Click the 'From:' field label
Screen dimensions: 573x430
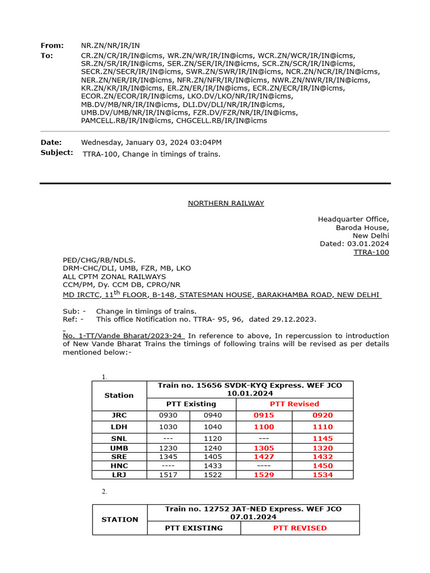(x=52, y=45)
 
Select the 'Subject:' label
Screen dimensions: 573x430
(x=57, y=153)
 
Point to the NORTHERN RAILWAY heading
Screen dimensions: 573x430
(x=226, y=203)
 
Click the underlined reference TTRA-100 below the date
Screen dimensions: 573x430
(x=371, y=252)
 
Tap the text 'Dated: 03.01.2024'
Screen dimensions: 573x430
(x=354, y=244)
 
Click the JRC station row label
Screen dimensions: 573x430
(x=119, y=416)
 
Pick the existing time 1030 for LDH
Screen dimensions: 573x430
(x=168, y=427)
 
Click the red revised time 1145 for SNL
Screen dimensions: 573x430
(x=322, y=439)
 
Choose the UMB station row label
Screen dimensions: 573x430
(x=119, y=448)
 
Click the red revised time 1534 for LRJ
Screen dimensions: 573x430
(x=322, y=475)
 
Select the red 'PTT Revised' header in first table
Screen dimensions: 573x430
(x=295, y=404)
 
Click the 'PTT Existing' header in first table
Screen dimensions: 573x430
(x=191, y=404)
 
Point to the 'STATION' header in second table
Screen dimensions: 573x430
(x=120, y=520)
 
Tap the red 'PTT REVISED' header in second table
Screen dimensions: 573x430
(x=300, y=528)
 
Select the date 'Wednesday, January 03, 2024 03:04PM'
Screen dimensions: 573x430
(x=151, y=143)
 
